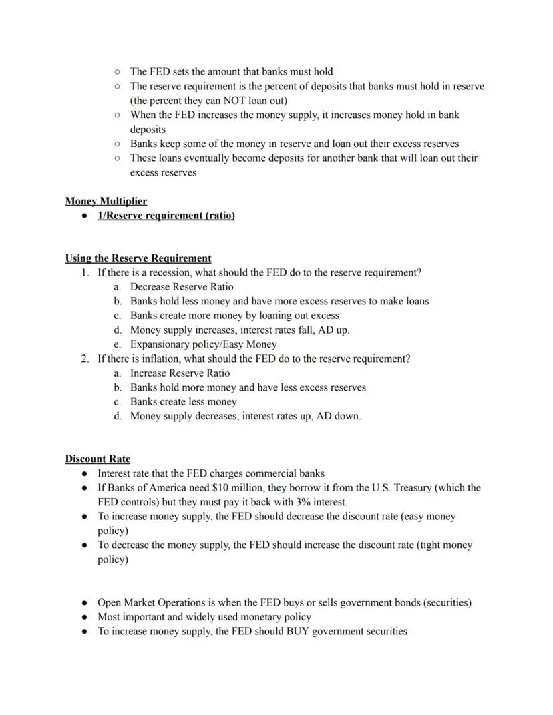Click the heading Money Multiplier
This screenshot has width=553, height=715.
pos(106,201)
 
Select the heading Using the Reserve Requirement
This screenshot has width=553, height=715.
pos(138,258)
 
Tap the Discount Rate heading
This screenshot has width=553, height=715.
pos(98,459)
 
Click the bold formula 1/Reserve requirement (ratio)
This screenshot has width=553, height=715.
pos(166,216)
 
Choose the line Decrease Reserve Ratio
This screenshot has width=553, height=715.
pos(182,287)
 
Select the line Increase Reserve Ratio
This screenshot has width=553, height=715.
pos(180,373)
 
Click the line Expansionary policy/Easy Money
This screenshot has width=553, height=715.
pos(203,344)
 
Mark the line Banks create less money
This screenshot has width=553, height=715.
pos(183,402)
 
